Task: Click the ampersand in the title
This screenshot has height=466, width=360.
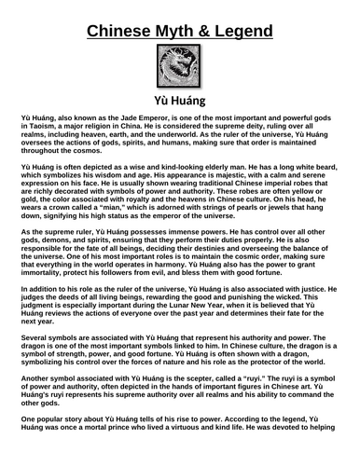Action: (211, 21)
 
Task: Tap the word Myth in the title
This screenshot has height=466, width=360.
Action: (174, 21)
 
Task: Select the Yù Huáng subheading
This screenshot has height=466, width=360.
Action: (180, 101)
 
